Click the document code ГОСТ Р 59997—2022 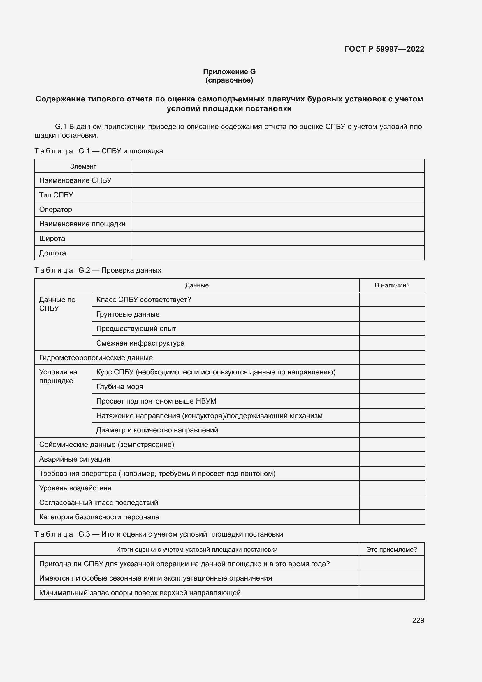[384, 49]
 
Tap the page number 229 [418, 620]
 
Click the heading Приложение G [229, 72]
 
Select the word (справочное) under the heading [229, 80]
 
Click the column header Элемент [83, 166]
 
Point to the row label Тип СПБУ [56, 195]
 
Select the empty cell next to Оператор [278, 209]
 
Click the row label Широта [52, 238]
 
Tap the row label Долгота [52, 253]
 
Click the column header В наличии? [392, 285]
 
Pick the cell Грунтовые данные [128, 314]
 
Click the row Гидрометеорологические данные [96, 358]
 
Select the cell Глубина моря [119, 386]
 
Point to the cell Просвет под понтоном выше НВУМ [156, 401]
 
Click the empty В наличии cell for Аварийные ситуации [392, 459]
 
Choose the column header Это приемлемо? [391, 550]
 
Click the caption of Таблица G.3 [159, 534]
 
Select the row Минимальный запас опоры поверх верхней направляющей [140, 592]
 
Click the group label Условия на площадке [58, 376]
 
